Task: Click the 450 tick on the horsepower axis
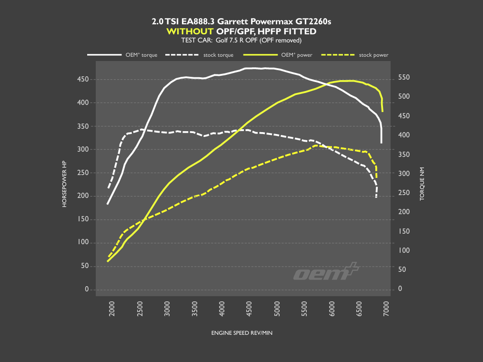pos(83,80)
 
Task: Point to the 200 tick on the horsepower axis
pos(83,197)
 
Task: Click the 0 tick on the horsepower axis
pos(87,290)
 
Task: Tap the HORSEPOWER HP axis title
pos(65,184)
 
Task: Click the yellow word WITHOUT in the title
pos(190,31)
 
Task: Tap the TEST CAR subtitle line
pos(241,40)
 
